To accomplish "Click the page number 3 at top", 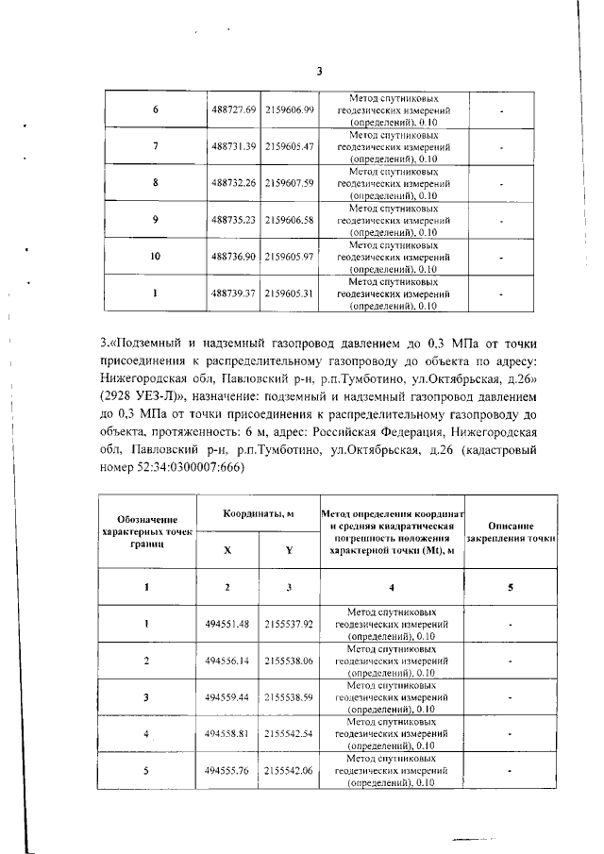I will (319, 71).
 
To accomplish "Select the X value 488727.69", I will (234, 110).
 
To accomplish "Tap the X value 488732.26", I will (234, 182).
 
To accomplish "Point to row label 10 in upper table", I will (155, 256).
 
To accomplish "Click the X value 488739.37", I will (234, 293).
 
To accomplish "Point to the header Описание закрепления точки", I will (511, 532).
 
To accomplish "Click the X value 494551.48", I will (227, 624).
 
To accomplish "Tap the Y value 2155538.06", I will (289, 661).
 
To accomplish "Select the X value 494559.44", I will (227, 697).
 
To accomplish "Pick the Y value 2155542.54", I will (289, 733).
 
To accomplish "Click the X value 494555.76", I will (227, 770).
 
